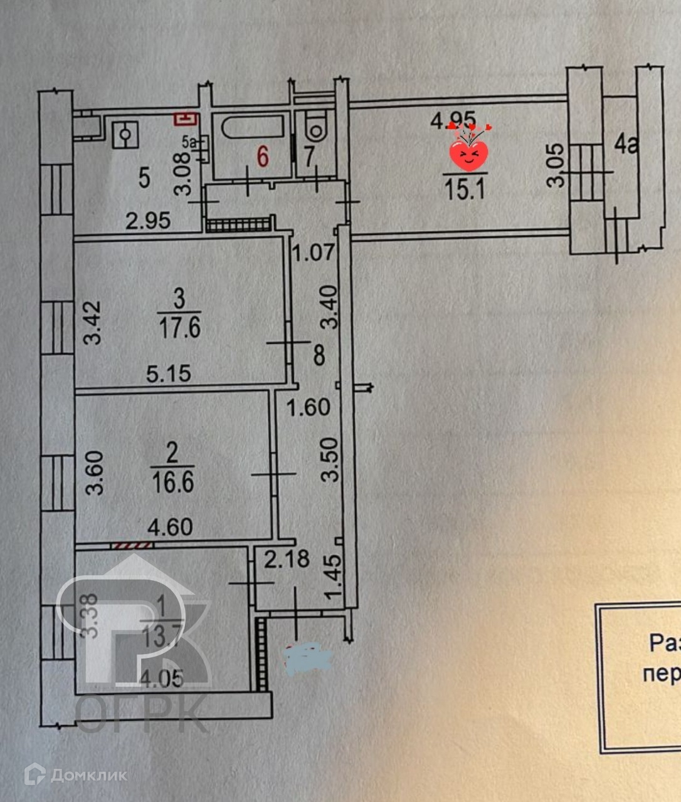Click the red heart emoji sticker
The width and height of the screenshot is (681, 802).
click(469, 154)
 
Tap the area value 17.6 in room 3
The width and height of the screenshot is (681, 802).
click(179, 328)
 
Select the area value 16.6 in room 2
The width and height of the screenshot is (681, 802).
click(172, 482)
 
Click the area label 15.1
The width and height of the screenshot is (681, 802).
click(465, 188)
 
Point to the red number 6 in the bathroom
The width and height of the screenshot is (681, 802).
click(262, 157)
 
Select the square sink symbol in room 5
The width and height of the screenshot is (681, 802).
click(125, 135)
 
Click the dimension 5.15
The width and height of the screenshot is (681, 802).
click(168, 374)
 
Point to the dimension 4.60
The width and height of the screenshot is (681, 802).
click(170, 527)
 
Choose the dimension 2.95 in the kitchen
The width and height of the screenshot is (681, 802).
click(147, 221)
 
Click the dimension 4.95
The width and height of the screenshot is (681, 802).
click(453, 118)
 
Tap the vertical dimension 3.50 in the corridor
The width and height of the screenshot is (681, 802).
click(330, 459)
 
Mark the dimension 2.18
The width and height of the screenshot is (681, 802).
click(287, 558)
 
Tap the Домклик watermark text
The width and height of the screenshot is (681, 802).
click(88, 775)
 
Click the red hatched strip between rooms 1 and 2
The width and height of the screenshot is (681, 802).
click(131, 546)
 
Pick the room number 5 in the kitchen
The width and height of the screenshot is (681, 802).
click(144, 178)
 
